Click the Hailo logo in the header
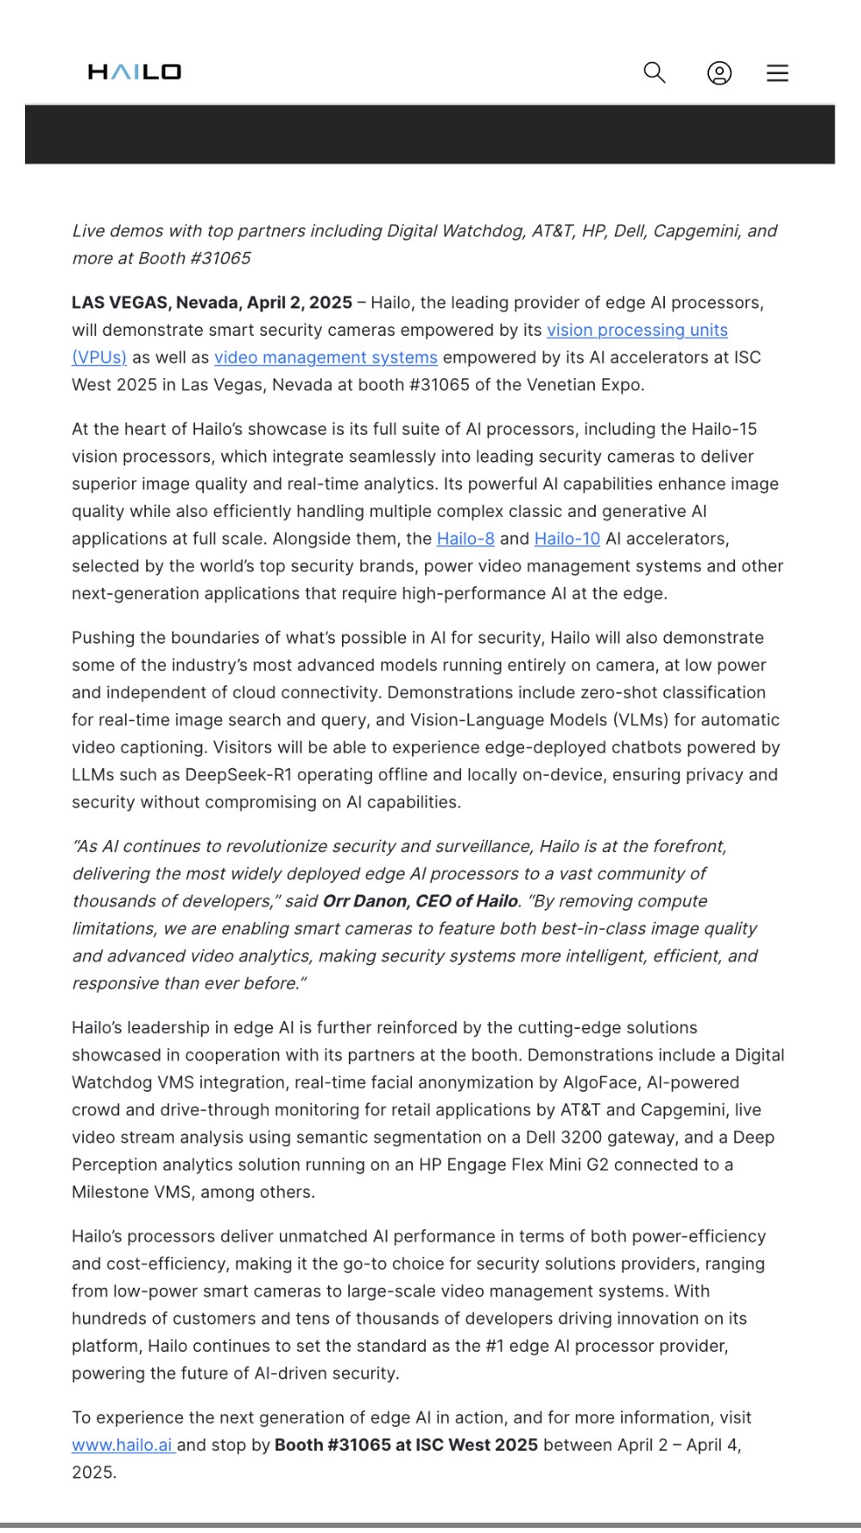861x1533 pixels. coord(134,72)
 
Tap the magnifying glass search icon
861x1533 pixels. coord(655,73)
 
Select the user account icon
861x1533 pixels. coord(719,73)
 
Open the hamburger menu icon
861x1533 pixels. coord(777,73)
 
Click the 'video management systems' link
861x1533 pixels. coord(326,357)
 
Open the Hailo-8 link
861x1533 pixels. coord(465,539)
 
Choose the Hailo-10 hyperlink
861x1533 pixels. coord(567,539)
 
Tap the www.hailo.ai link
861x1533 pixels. coord(123,1445)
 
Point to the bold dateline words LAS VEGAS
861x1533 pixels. coord(120,303)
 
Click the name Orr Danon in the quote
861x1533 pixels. coord(364,901)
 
